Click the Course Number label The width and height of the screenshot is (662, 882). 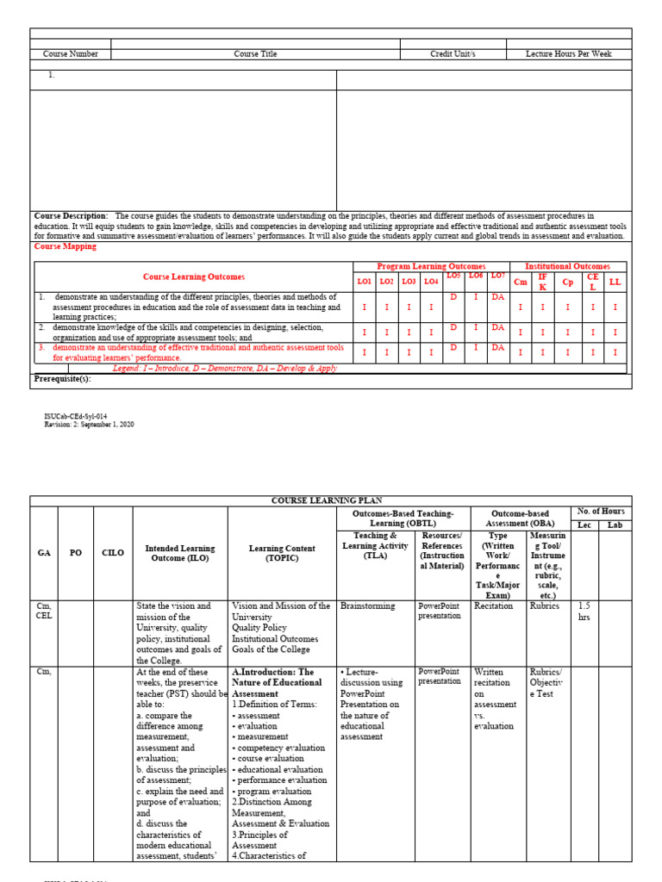(x=71, y=53)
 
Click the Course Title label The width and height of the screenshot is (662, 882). (x=256, y=53)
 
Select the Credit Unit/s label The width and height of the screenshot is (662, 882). (x=453, y=53)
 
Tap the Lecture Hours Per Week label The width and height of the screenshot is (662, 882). (x=569, y=53)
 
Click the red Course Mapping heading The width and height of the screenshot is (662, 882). (x=66, y=246)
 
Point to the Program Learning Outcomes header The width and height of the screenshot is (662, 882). (x=431, y=266)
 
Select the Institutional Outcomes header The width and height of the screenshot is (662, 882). (x=567, y=266)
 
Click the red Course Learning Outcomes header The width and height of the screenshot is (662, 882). (x=194, y=277)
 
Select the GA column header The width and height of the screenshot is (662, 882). (x=43, y=553)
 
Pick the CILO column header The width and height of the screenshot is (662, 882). (x=113, y=553)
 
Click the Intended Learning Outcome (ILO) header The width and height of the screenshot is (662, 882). (x=180, y=553)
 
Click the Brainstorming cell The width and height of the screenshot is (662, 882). (x=368, y=606)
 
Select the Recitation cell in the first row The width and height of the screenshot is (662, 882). (x=493, y=606)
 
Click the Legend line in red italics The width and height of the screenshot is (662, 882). (x=225, y=368)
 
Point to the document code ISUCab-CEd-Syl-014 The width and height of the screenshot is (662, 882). (x=76, y=416)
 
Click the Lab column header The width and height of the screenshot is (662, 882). (x=614, y=525)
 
